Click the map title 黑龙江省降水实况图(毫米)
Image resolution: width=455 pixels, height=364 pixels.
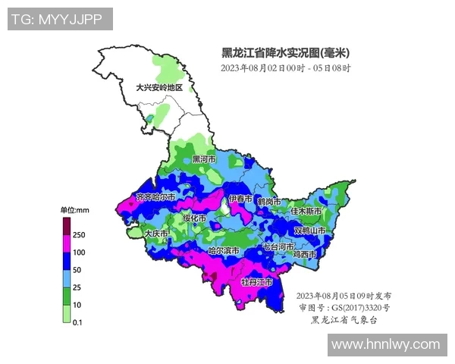point(285,53)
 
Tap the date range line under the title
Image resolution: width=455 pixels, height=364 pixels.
point(285,68)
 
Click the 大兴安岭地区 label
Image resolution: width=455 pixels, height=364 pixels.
point(159,88)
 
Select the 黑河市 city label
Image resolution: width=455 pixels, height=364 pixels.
point(204,160)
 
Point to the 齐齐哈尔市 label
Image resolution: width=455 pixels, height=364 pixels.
point(155,197)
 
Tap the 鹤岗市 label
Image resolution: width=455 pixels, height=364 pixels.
point(268,202)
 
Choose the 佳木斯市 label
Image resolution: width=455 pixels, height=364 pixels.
point(306,211)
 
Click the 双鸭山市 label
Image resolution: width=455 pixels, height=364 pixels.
point(309,230)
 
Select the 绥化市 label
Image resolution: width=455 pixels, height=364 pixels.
point(194,218)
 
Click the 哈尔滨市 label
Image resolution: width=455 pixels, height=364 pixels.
point(224,251)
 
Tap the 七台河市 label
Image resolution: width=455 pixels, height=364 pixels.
point(278,247)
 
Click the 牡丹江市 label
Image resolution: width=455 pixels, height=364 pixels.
point(256,282)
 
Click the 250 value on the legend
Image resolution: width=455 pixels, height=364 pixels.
point(79,235)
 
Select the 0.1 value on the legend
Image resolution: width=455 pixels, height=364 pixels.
point(77,322)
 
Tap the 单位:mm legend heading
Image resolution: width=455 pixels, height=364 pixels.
point(74,209)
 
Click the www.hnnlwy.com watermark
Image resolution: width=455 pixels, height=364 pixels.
point(386,344)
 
